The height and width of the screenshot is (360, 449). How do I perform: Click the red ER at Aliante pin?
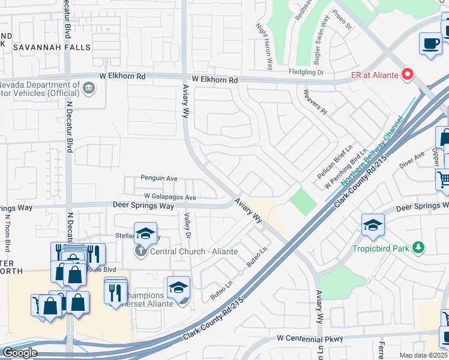point(408,75)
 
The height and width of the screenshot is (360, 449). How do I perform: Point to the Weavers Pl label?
point(315,103)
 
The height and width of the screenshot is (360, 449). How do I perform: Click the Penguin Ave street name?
point(159,178)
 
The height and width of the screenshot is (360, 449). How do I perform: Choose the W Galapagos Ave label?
point(170,197)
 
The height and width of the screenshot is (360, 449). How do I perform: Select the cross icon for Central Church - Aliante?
point(140,251)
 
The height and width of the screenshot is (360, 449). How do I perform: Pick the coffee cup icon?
point(431,44)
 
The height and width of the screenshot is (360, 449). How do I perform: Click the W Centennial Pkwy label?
point(310,339)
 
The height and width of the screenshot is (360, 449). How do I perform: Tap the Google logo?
point(19,353)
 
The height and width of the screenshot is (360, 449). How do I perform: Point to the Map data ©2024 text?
point(423,355)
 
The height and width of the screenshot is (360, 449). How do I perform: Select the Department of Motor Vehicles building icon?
point(89,88)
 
